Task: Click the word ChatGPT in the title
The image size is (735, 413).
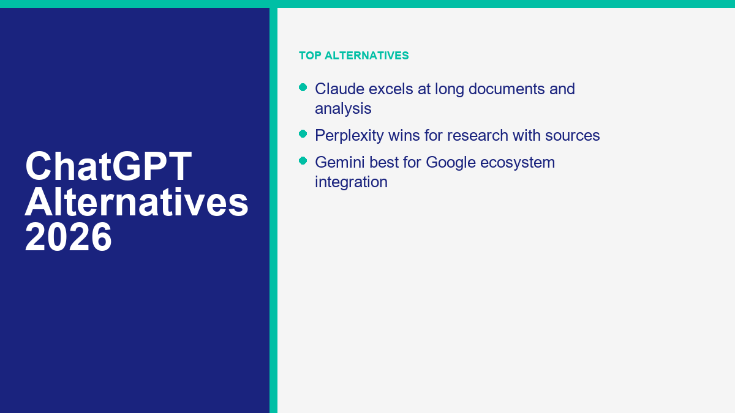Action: pyautogui.click(x=108, y=166)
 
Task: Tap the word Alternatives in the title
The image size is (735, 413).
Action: pyautogui.click(x=137, y=203)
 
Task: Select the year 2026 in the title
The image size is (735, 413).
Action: pyautogui.click(x=69, y=238)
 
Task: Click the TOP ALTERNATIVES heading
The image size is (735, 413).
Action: pyautogui.click(x=353, y=56)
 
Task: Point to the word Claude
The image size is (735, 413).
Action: pyautogui.click(x=339, y=89)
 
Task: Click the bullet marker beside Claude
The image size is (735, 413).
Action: pyautogui.click(x=303, y=87)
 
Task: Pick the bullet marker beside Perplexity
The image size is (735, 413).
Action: pyautogui.click(x=303, y=134)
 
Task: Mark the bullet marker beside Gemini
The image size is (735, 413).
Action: pyautogui.click(x=303, y=161)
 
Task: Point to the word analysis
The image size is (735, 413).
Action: pyautogui.click(x=343, y=108)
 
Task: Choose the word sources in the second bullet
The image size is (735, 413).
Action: pyautogui.click(x=573, y=135)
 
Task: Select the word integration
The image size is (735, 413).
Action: pyautogui.click(x=351, y=182)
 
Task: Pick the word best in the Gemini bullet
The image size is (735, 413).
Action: pyautogui.click(x=382, y=162)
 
